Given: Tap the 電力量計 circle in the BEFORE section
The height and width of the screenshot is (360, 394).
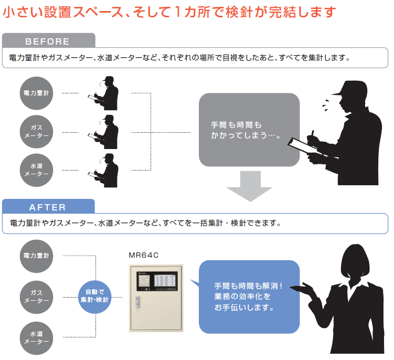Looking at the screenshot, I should [x=37, y=93].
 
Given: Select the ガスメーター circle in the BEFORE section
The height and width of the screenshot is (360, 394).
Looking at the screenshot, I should [x=37, y=131].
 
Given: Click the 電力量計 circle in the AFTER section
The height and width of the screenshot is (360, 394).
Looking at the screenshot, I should [x=37, y=256].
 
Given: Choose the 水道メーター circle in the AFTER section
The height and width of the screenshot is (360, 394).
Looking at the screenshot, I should [x=37, y=337].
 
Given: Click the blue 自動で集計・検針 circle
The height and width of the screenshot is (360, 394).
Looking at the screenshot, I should [x=94, y=295].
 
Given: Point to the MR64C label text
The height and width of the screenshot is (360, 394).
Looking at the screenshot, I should [x=143, y=255].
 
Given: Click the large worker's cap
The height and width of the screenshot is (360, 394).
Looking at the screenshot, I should [x=343, y=89].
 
